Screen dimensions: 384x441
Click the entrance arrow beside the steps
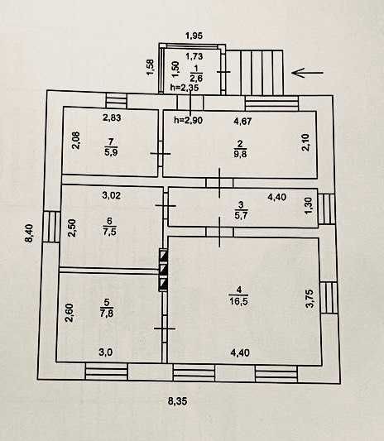click(x=308, y=73)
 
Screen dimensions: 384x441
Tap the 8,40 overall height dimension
click(x=29, y=233)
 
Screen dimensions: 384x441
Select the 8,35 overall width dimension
click(x=177, y=400)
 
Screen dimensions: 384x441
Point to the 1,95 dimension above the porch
click(x=194, y=36)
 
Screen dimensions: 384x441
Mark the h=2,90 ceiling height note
click(x=188, y=120)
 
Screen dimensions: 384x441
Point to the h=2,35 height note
click(x=185, y=88)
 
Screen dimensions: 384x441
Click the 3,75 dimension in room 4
click(x=310, y=299)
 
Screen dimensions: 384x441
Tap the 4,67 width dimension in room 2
click(x=242, y=122)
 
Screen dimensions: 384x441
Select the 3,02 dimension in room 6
click(x=112, y=195)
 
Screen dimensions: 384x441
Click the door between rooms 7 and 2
click(x=161, y=154)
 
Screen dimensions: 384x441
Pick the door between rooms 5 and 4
click(x=165, y=328)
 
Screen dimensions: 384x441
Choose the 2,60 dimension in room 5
click(x=70, y=313)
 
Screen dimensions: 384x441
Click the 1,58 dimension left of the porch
click(x=151, y=67)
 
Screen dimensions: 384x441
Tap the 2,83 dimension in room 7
click(x=112, y=117)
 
